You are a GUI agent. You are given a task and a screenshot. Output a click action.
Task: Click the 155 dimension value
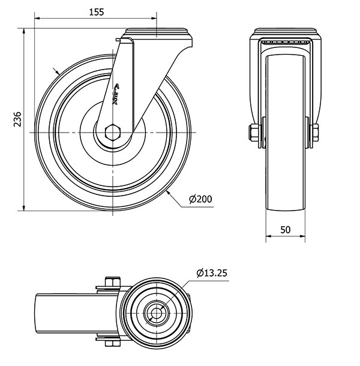tap(97, 12)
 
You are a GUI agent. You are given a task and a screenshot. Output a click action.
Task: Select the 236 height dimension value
tap(17, 119)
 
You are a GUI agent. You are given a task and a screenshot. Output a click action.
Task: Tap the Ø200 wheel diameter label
tap(200, 199)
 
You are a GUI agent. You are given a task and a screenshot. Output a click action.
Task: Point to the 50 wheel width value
tap(285, 230)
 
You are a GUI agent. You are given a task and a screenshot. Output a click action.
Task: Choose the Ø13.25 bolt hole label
tap(212, 273)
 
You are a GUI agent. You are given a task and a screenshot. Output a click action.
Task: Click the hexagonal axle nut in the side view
tap(112, 133)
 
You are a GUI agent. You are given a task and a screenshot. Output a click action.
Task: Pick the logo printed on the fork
tap(116, 94)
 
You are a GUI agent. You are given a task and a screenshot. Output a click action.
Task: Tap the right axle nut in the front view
tap(315, 133)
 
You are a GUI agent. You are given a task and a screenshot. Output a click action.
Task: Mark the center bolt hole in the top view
tap(156, 313)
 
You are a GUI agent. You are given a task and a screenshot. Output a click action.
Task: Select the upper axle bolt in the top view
tap(113, 282)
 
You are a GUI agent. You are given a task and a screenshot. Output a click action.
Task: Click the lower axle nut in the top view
tap(112, 343)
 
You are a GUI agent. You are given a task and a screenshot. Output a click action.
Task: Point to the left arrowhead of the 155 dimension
tap(37, 18)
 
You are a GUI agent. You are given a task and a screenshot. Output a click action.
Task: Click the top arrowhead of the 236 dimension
tap(23, 31)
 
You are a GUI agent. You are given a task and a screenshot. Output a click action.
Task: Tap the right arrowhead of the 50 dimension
tap(302, 236)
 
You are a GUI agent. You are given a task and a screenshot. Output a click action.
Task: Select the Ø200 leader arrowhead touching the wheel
tap(169, 193)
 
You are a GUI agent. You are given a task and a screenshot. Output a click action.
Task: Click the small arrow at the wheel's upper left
tap(56, 71)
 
